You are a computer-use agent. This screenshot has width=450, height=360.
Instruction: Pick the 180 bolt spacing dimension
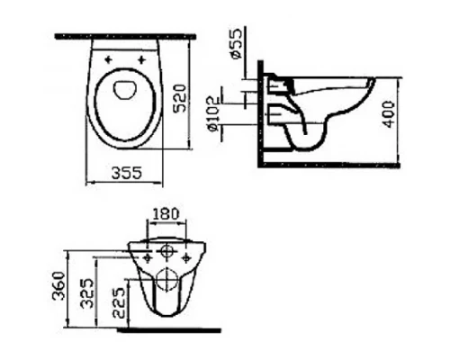[167, 215]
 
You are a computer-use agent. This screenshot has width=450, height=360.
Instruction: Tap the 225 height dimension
[119, 305]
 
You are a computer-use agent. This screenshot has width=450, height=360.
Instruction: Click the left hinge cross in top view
[110, 61]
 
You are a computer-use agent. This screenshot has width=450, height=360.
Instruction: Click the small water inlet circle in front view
[166, 247]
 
